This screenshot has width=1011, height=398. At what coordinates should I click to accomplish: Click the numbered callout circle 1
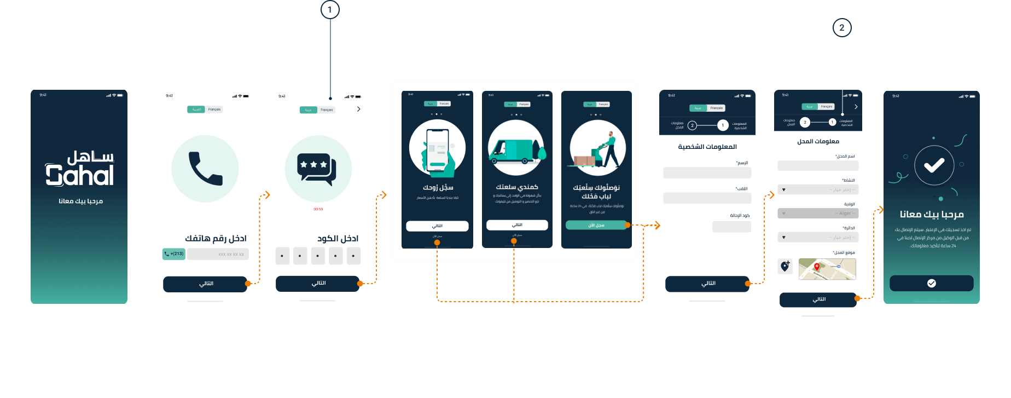click(x=329, y=10)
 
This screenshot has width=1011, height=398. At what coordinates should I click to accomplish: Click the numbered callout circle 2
click(x=841, y=28)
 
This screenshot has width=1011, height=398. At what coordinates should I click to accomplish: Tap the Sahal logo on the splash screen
click(x=79, y=169)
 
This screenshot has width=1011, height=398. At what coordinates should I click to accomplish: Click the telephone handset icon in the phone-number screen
click(x=205, y=169)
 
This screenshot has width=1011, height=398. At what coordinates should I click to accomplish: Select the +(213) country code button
click(x=174, y=254)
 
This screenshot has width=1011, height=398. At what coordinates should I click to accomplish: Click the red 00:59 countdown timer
click(x=318, y=209)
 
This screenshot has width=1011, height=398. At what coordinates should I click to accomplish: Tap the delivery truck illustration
click(x=516, y=148)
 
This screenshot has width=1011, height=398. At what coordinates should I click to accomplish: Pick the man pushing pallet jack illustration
click(x=597, y=149)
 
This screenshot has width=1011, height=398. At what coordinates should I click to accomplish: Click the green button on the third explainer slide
click(x=596, y=225)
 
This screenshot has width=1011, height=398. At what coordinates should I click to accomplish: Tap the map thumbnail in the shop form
click(x=827, y=269)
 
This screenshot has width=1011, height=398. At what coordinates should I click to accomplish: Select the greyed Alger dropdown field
click(x=818, y=214)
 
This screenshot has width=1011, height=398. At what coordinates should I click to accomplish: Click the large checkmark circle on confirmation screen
click(x=934, y=165)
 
